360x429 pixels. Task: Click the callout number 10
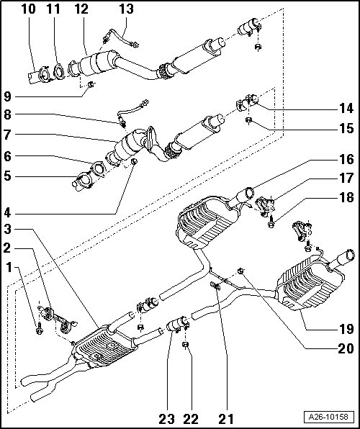pyautogui.click(x=29, y=9)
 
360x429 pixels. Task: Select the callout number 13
pyautogui.click(x=126, y=9)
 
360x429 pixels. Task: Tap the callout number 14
pyautogui.click(x=346, y=109)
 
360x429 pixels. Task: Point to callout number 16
pyautogui.click(x=346, y=159)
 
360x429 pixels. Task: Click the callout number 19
pyautogui.click(x=346, y=329)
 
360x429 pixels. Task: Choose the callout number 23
pyautogui.click(x=166, y=419)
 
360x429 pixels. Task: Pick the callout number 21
pyautogui.click(x=226, y=419)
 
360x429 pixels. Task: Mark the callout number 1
pyautogui.click(x=9, y=267)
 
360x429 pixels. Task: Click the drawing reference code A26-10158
pyautogui.click(x=328, y=417)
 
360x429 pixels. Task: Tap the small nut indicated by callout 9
pyautogui.click(x=91, y=84)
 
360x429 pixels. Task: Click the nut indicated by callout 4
pyautogui.click(x=134, y=161)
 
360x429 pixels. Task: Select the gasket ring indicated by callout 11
pyautogui.click(x=58, y=72)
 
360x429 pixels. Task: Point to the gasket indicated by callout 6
pyautogui.click(x=98, y=169)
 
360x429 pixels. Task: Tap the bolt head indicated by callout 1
pyautogui.click(x=39, y=329)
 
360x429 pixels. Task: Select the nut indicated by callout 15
pyautogui.click(x=248, y=120)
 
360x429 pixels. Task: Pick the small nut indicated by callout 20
pyautogui.click(x=240, y=271)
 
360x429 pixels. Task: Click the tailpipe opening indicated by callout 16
pyautogui.click(x=249, y=193)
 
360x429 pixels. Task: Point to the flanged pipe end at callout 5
pyautogui.click(x=82, y=181)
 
